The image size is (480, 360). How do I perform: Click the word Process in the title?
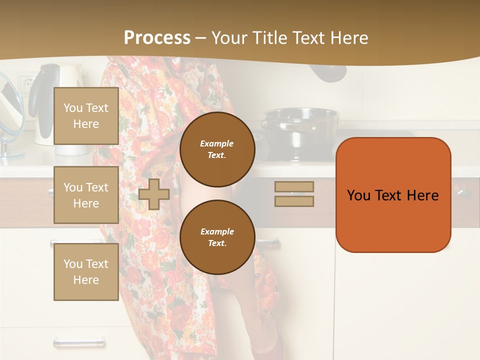point(157,38)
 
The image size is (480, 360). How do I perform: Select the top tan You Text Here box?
point(86,116)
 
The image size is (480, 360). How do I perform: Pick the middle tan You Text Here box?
point(86,195)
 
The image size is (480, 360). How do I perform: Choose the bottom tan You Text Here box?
point(86,271)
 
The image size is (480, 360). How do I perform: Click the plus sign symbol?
point(154,194)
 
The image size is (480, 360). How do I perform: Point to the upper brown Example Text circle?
point(217,149)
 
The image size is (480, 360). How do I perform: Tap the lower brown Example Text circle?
point(217,237)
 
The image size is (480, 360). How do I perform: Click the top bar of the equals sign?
point(294,186)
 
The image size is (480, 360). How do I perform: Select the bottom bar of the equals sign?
point(294,201)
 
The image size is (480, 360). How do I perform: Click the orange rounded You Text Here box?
point(393,195)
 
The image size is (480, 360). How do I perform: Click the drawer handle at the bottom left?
point(79,342)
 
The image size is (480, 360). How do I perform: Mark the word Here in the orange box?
point(422,195)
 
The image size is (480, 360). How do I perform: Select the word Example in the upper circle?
point(216,143)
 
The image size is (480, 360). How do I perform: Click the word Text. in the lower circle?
point(216,243)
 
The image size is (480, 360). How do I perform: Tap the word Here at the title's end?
point(348,38)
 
